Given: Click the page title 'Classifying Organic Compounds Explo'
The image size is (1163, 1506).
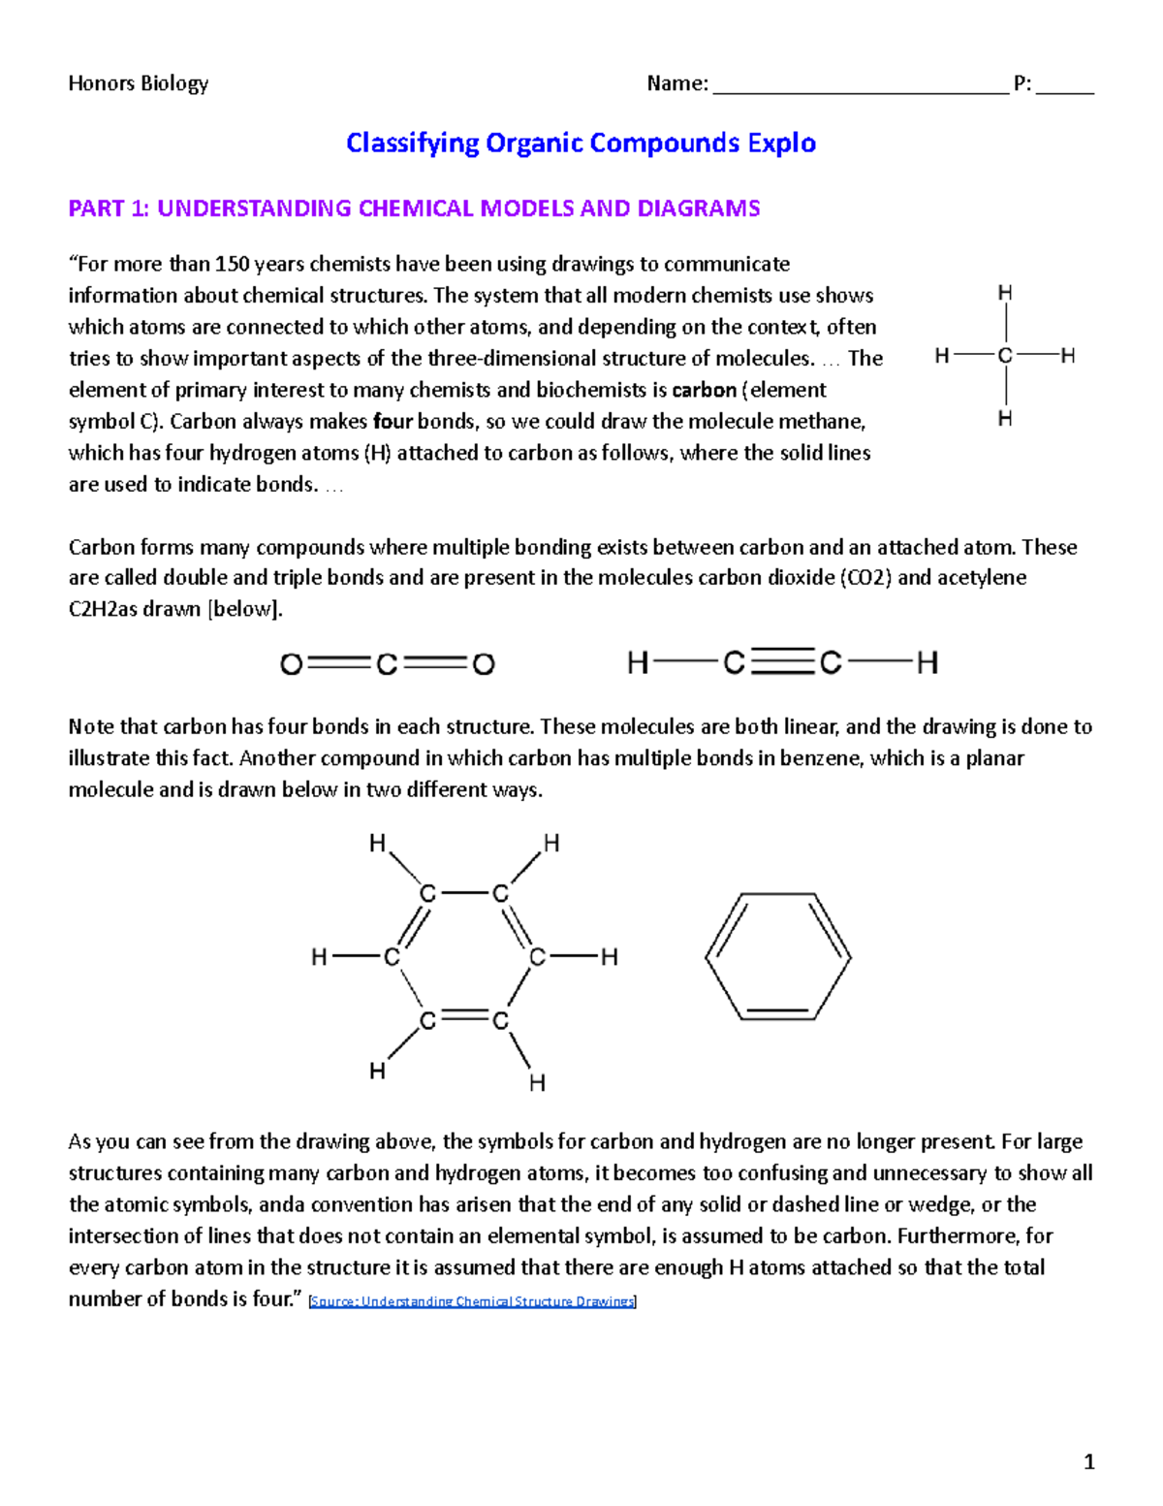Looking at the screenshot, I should (x=581, y=144).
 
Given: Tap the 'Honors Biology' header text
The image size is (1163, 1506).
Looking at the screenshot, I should (x=138, y=83).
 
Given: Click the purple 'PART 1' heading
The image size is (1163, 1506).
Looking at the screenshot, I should (x=414, y=208).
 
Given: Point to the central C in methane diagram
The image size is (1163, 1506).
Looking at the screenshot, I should (x=1005, y=356).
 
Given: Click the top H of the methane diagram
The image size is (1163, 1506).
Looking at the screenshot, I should (x=1005, y=293).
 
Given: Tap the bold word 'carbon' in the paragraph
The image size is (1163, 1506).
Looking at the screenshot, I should (x=704, y=390).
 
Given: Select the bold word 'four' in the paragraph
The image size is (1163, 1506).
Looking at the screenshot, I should (x=393, y=422).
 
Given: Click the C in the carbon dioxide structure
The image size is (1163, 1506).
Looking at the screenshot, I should (x=387, y=664).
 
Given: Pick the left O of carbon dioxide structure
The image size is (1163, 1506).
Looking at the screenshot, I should (x=291, y=664).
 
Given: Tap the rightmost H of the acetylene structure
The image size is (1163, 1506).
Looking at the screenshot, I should (x=927, y=663).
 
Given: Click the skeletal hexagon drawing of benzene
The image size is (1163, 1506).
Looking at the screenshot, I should (x=777, y=956).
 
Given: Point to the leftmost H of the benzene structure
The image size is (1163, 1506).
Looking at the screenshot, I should (x=319, y=958).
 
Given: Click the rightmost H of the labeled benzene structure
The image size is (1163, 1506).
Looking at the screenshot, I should (x=609, y=958).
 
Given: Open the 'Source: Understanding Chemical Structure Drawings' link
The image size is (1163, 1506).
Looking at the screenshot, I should (x=471, y=1301).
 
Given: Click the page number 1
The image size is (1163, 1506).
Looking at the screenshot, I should (x=1088, y=1462).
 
